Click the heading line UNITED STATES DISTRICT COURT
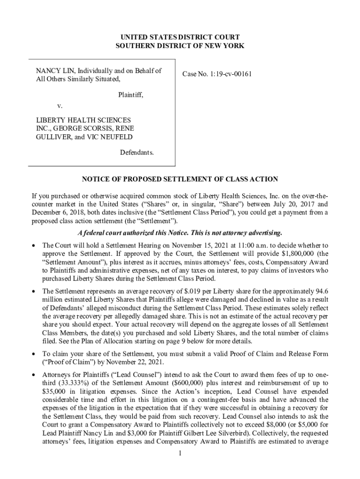180,36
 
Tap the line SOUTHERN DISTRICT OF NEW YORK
180,45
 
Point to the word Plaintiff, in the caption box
130,95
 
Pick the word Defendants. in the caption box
137,153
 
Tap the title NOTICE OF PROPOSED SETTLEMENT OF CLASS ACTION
180,179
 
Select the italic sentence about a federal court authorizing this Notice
180,233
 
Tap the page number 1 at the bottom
180,453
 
